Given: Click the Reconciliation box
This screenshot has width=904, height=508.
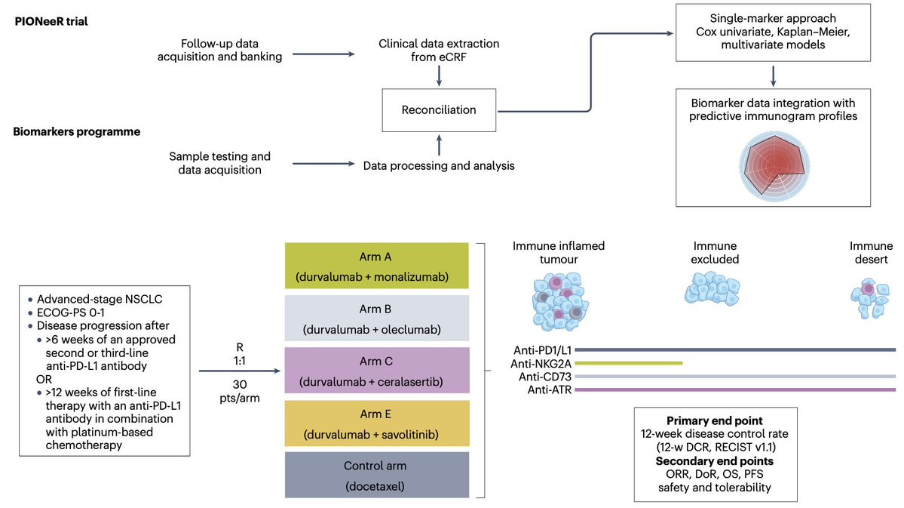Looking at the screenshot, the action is pyautogui.click(x=439, y=109).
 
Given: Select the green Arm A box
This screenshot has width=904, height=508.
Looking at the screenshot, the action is pyautogui.click(x=376, y=266).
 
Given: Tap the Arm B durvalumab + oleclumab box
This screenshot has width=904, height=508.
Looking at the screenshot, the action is pyautogui.click(x=376, y=318).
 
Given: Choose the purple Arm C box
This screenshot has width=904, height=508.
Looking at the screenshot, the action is pyautogui.click(x=376, y=371).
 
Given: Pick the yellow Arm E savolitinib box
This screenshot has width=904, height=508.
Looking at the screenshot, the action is pyautogui.click(x=376, y=423).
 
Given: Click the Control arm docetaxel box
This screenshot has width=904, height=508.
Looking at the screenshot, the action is pyautogui.click(x=376, y=475).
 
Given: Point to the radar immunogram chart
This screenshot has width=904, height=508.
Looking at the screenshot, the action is pyautogui.click(x=774, y=166).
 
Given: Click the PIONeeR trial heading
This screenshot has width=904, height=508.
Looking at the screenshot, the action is pyautogui.click(x=51, y=22).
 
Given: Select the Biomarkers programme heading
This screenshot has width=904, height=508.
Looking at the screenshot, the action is pyautogui.click(x=77, y=131).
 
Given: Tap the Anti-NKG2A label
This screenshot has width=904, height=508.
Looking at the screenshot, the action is pyautogui.click(x=541, y=364).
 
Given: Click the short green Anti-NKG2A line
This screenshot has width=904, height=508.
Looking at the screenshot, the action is pyautogui.click(x=628, y=363).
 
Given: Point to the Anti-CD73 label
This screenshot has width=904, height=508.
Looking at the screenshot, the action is pyautogui.click(x=545, y=377).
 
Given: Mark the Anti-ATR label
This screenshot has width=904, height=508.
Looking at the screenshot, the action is pyautogui.click(x=550, y=390).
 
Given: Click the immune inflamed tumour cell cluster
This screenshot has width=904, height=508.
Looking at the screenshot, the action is pyautogui.click(x=559, y=300).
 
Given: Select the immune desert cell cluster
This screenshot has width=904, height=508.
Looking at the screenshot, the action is pyautogui.click(x=871, y=298).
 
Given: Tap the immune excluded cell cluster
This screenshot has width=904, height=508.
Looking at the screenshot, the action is pyautogui.click(x=712, y=288).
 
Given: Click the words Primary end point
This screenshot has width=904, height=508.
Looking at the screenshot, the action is pyautogui.click(x=714, y=421).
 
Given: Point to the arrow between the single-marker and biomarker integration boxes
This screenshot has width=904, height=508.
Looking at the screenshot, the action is pyautogui.click(x=773, y=75).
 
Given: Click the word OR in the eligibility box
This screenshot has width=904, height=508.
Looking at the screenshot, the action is pyautogui.click(x=44, y=379).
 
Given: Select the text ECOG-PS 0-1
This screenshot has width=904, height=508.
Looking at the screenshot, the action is pyautogui.click(x=71, y=312).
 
